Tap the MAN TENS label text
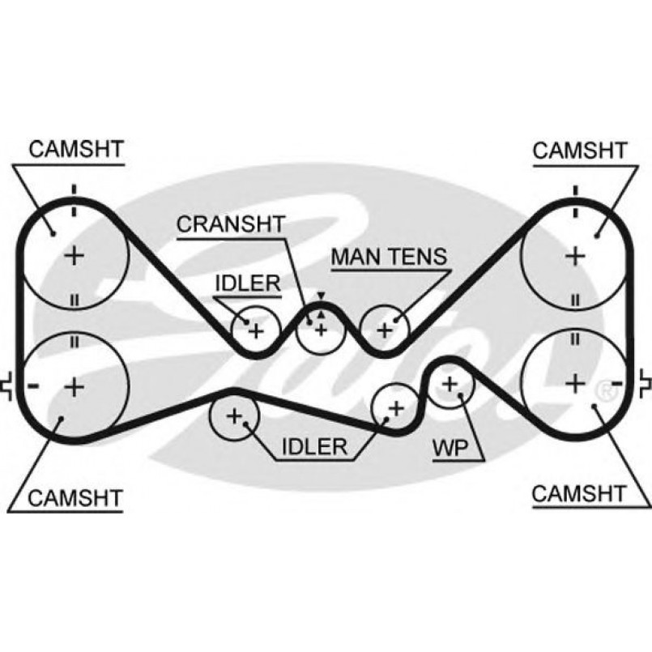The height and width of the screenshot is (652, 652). click(x=389, y=257)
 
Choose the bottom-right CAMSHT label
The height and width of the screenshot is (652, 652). click(x=578, y=493)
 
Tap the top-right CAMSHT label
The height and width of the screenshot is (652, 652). click(x=579, y=150)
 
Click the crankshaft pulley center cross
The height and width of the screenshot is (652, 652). click(x=321, y=329)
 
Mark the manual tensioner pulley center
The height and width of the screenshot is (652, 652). click(x=385, y=330)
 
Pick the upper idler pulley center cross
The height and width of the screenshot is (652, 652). click(x=256, y=330)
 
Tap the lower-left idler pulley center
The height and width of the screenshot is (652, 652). click(x=234, y=417)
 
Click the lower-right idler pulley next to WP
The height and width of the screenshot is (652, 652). click(x=396, y=407)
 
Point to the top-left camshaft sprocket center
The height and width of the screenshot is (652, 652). click(x=75, y=256)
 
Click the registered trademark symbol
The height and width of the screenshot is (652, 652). click(x=604, y=392)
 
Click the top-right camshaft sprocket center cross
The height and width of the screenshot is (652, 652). click(x=575, y=256)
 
